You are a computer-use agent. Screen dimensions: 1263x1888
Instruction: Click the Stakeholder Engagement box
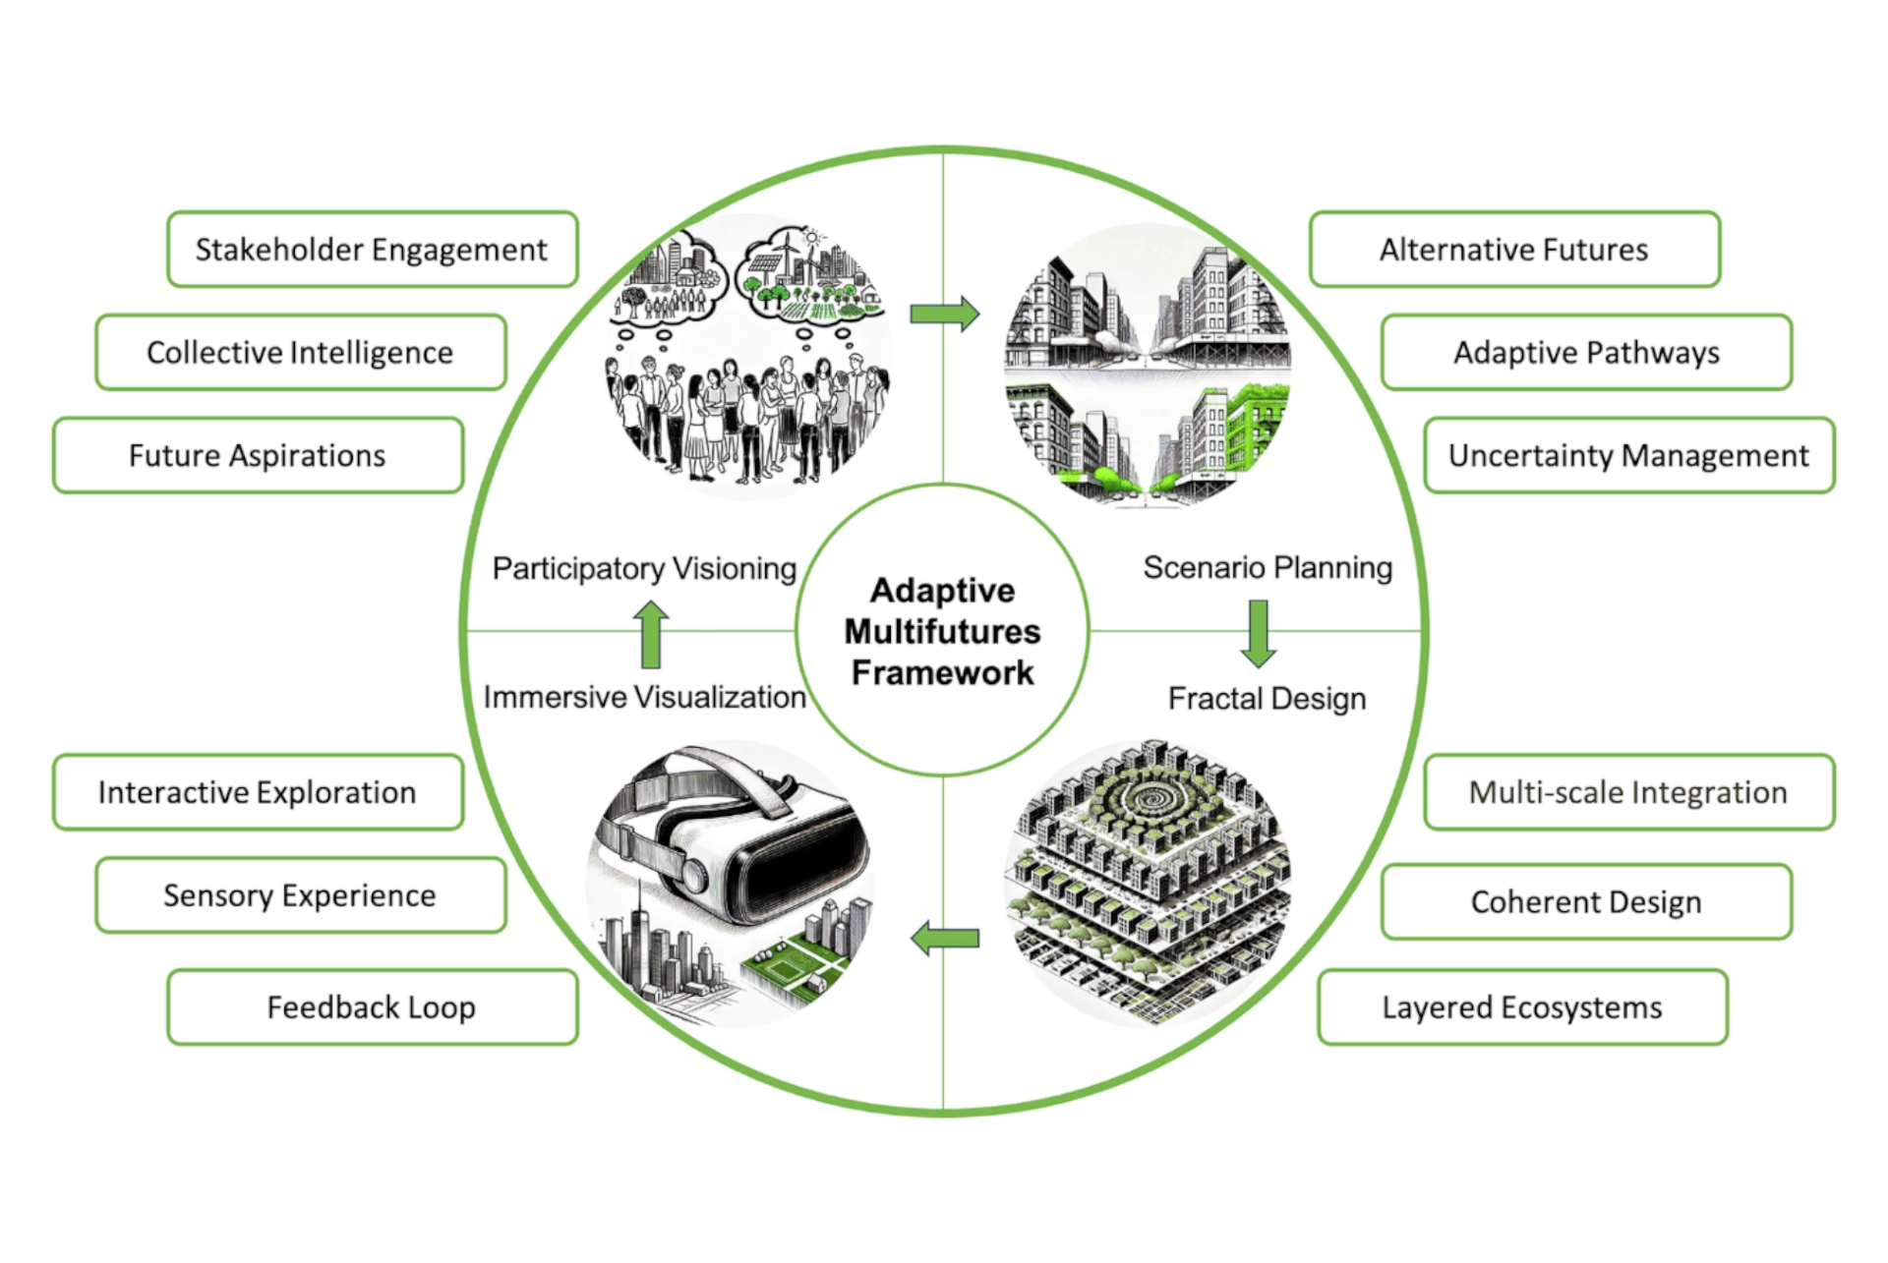pyautogui.click(x=372, y=250)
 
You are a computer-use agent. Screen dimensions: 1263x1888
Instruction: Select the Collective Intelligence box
pyautogui.click(x=300, y=353)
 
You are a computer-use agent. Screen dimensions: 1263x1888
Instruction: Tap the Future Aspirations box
pyautogui.click(x=258, y=456)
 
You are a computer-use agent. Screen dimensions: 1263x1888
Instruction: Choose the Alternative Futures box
pyautogui.click(x=1514, y=250)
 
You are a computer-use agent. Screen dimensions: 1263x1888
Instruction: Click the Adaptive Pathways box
pyautogui.click(x=1586, y=353)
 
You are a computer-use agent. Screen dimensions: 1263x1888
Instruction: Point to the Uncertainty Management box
pyautogui.click(x=1628, y=456)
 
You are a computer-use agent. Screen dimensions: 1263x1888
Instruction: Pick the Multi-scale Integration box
pyautogui.click(x=1628, y=792)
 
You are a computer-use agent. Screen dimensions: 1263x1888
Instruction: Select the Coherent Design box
pyautogui.click(x=1586, y=902)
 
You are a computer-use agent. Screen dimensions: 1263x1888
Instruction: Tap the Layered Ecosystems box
pyautogui.click(x=1522, y=1007)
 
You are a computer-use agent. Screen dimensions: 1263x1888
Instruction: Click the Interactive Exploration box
pyautogui.click(x=258, y=792)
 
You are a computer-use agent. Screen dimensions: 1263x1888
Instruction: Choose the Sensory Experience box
pyautogui.click(x=300, y=895)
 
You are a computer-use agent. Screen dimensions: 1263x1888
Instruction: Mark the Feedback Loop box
pyautogui.click(x=372, y=1007)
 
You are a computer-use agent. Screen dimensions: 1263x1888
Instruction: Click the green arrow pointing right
pyautogui.click(x=945, y=315)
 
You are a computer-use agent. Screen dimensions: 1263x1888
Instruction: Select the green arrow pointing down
pyautogui.click(x=1259, y=634)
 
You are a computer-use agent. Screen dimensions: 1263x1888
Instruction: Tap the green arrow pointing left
pyautogui.click(x=945, y=939)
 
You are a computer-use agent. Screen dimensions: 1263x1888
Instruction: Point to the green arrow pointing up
pyautogui.click(x=650, y=634)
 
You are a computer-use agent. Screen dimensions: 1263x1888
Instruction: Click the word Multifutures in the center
pyautogui.click(x=942, y=631)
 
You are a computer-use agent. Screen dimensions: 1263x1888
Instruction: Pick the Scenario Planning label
pyautogui.click(x=1268, y=568)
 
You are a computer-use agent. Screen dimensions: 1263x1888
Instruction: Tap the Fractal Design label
pyautogui.click(x=1267, y=699)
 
